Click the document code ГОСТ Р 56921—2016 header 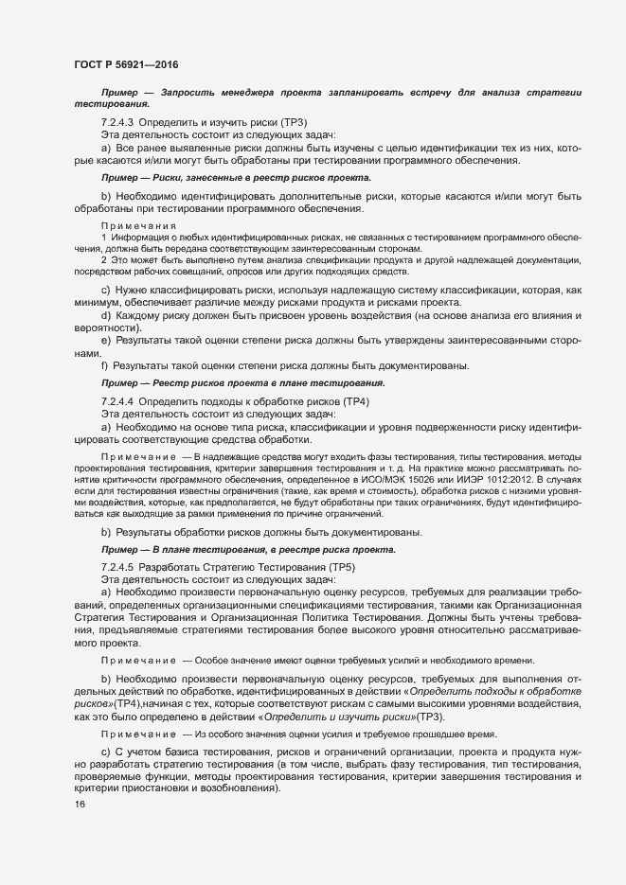[126, 64]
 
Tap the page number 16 [80, 805]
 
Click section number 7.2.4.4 [118, 402]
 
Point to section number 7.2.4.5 [118, 566]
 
